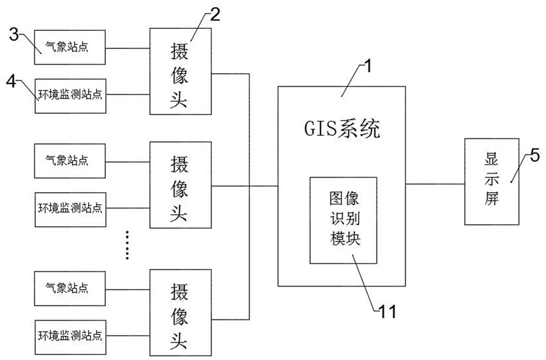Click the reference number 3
coord(14,35)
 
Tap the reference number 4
coord(11,82)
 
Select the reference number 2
coord(215,15)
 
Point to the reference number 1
coord(367,66)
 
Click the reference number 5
coord(534,156)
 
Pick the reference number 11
coord(387,312)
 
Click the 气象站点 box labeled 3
coord(69,47)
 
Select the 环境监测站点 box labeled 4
coord(71,96)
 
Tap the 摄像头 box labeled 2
coord(181,71)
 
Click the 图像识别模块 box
coord(344,221)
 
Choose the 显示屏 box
coord(491,181)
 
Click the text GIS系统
coord(342,129)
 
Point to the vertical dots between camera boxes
coord(127,245)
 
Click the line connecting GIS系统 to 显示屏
coord(435,184)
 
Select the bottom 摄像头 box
coord(181,312)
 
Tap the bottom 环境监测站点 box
coord(71,337)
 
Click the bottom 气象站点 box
coord(69,289)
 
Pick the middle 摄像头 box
coord(181,184)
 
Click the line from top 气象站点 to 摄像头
coord(127,48)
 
